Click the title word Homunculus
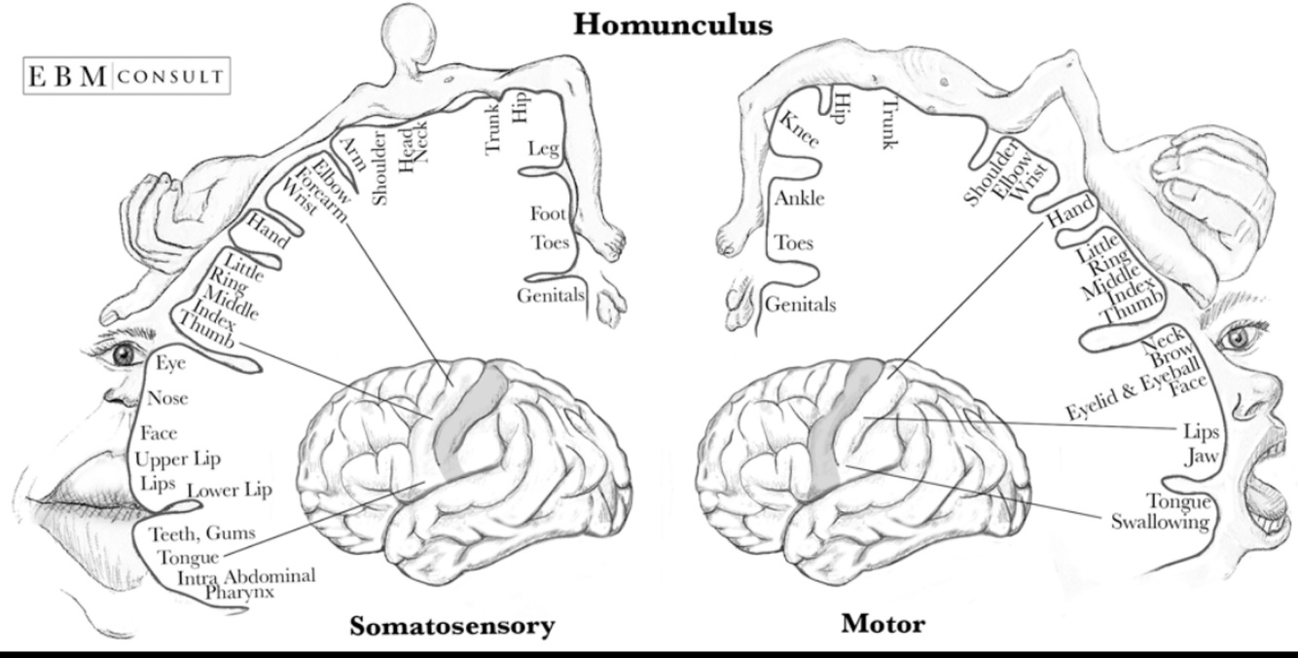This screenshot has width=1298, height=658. (x=673, y=23)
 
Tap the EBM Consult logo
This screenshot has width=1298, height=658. (x=126, y=76)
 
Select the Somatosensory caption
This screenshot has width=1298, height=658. (x=452, y=625)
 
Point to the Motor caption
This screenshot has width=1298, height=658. (x=883, y=623)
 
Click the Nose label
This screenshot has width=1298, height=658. (x=167, y=398)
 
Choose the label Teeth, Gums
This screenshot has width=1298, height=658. (x=201, y=533)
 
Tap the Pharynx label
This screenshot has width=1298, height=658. (x=240, y=592)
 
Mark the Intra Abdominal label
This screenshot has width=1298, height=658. (x=246, y=576)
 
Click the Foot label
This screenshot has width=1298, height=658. (x=548, y=213)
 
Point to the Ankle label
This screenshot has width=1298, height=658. (x=800, y=199)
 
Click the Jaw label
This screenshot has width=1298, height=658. (x=1196, y=457)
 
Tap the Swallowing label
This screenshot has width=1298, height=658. (x=1160, y=523)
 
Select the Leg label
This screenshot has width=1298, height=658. (x=543, y=149)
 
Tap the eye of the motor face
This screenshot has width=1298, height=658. (x=1236, y=338)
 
